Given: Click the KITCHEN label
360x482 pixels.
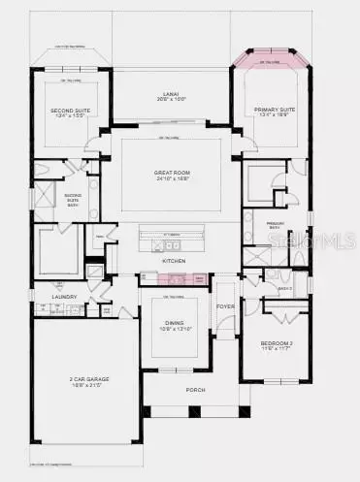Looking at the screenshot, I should pyautogui.click(x=174, y=262).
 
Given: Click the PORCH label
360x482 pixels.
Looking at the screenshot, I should pyautogui.click(x=175, y=392).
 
